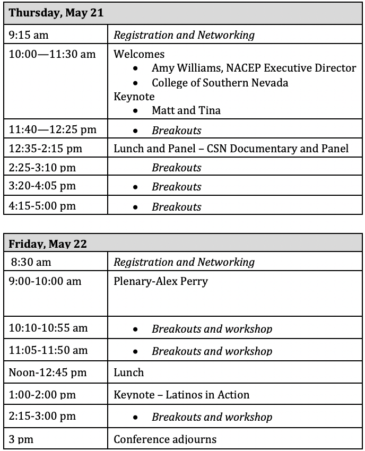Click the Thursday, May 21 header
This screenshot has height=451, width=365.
[x=56, y=13]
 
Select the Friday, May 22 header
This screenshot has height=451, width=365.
[x=48, y=244]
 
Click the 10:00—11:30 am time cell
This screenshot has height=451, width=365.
[x=52, y=54]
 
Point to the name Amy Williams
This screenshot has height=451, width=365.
[x=183, y=68]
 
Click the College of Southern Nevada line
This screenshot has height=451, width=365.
[x=220, y=83]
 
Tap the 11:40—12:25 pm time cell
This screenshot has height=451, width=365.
[x=53, y=129]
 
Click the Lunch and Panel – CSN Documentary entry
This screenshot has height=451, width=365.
[x=231, y=149]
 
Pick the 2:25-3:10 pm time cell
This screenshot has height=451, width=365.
[x=42, y=168]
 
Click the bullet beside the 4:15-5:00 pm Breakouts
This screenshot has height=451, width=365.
[x=137, y=206]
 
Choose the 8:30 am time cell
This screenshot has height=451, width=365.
[x=30, y=262]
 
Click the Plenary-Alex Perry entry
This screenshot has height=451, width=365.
[x=161, y=281]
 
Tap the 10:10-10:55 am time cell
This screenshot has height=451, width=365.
[x=48, y=328]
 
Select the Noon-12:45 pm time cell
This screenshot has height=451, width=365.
[x=47, y=372]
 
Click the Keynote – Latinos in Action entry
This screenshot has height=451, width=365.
[x=181, y=395]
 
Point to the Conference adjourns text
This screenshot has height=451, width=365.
[x=165, y=439]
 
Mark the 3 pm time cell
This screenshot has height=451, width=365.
[x=20, y=439]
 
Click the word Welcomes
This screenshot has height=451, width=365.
[x=139, y=54]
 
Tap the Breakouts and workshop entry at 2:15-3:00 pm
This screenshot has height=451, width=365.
[x=212, y=417]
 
